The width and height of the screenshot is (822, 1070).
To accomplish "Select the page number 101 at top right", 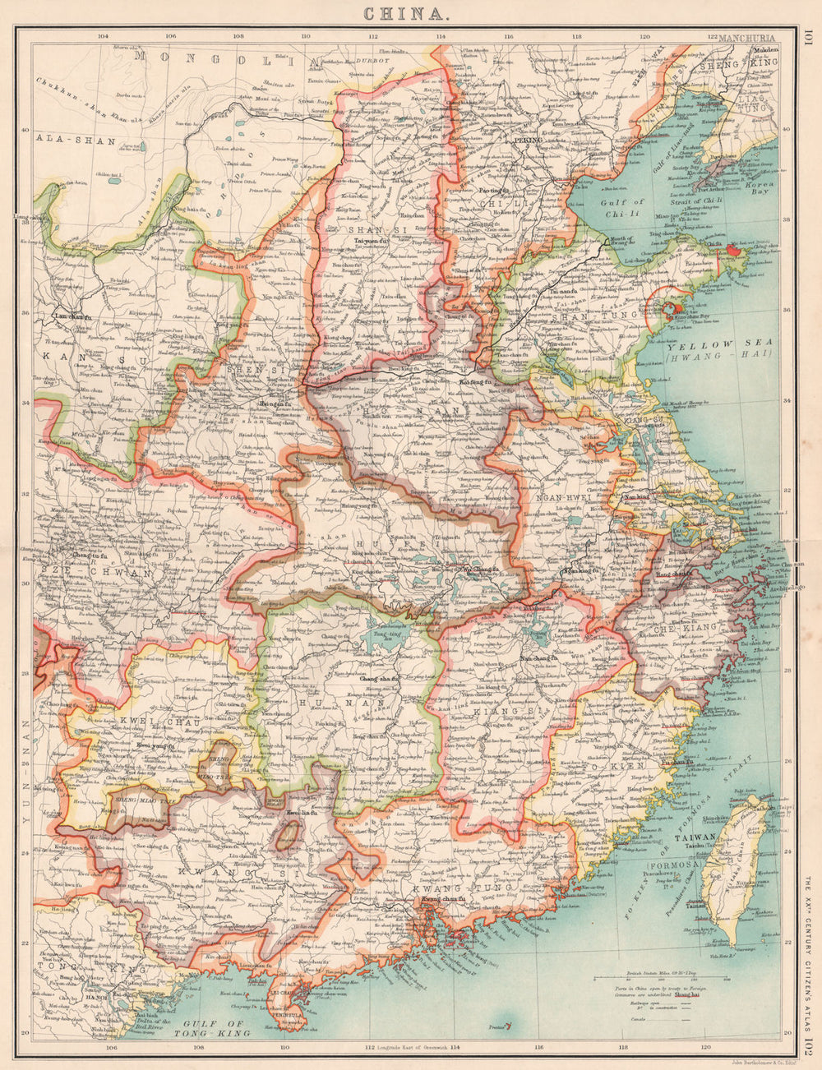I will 809,37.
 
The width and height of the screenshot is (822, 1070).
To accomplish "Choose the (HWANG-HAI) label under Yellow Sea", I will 718,355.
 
